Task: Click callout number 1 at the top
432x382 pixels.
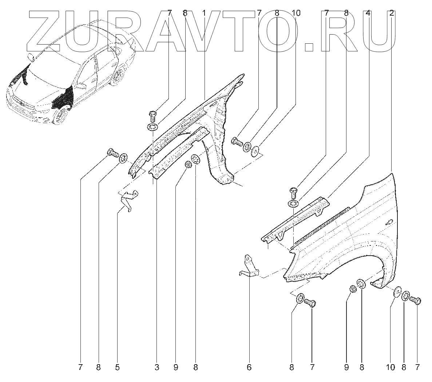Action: [x=204, y=13]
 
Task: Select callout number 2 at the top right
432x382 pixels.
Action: [x=391, y=13]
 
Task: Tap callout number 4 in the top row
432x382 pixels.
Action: [x=368, y=13]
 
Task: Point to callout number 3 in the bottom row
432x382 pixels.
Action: [x=157, y=367]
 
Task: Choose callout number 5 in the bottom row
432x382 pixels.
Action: [x=117, y=367]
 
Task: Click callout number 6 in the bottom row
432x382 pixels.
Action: [x=249, y=367]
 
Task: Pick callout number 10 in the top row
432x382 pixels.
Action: [x=296, y=13]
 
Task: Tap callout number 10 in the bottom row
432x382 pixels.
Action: [x=390, y=367]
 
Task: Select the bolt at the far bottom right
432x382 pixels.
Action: [x=415, y=300]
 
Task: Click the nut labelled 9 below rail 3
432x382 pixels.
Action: [x=189, y=165]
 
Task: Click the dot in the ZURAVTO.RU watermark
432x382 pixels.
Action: [x=310, y=47]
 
